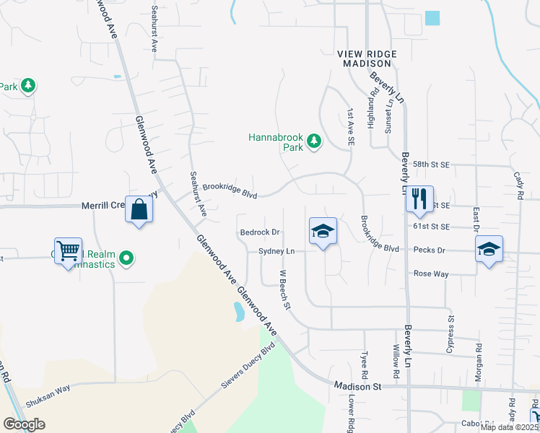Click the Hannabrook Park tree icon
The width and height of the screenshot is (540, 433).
(314, 141)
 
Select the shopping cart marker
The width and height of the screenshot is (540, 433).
(68, 252)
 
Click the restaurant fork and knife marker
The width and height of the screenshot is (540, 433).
(419, 198)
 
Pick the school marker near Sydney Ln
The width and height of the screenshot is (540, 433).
(323, 232)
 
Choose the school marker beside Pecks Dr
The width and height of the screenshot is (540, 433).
(489, 250)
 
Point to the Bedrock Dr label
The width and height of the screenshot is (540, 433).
(260, 232)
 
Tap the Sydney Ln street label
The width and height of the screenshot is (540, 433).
(277, 251)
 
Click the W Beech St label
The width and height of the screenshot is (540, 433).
(284, 290)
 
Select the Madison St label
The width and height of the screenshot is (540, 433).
(357, 386)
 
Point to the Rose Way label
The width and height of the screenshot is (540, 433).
(430, 274)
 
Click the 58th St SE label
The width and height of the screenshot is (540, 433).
(432, 165)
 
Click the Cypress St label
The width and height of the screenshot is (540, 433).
(451, 327)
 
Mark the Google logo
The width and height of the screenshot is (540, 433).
(25, 424)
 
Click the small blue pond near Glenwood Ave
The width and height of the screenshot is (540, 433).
(238, 312)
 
